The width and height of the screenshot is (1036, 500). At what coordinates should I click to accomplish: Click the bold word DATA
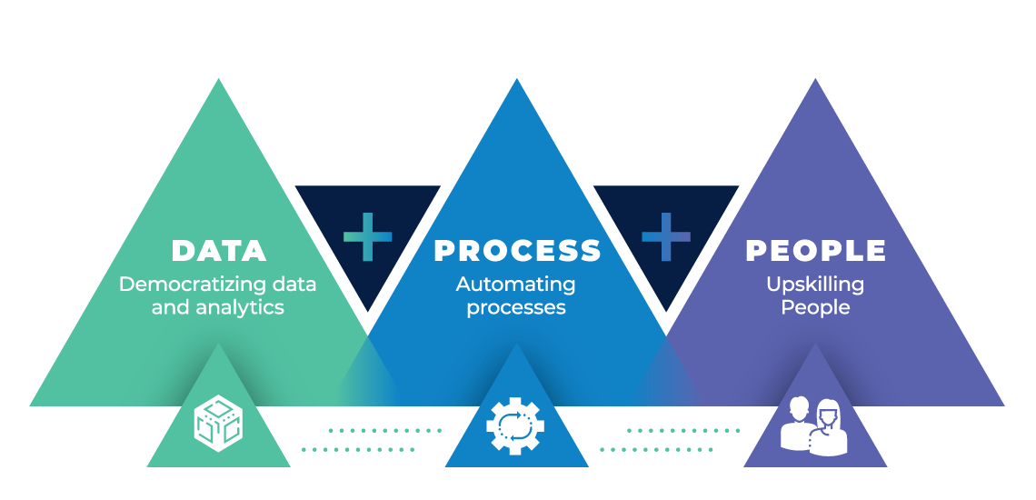[219, 251]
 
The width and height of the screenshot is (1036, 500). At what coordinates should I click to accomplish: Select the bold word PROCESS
[517, 251]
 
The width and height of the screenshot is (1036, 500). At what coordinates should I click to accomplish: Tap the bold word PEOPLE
[816, 251]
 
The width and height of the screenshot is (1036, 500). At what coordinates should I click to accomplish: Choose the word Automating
[516, 285]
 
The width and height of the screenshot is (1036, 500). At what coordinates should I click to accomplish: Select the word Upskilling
[815, 285]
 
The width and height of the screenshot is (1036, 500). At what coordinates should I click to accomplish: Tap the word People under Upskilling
[815, 307]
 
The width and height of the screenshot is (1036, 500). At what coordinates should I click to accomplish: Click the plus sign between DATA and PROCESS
[368, 236]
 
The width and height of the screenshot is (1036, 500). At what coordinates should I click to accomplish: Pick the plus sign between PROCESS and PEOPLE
[666, 236]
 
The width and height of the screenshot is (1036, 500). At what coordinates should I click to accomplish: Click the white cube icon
[219, 424]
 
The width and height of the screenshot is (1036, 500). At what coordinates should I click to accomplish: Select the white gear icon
[516, 425]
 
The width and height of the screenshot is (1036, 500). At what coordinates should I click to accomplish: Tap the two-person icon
[814, 425]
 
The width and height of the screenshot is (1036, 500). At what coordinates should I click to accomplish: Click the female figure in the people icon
[829, 428]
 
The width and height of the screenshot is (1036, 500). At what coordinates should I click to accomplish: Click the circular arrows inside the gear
[516, 425]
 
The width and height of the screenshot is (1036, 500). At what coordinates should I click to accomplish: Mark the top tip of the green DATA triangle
[219, 78]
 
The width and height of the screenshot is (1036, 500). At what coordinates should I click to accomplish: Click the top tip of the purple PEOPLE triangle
[815, 78]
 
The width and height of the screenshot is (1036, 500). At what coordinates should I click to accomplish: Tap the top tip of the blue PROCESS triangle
[517, 78]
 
